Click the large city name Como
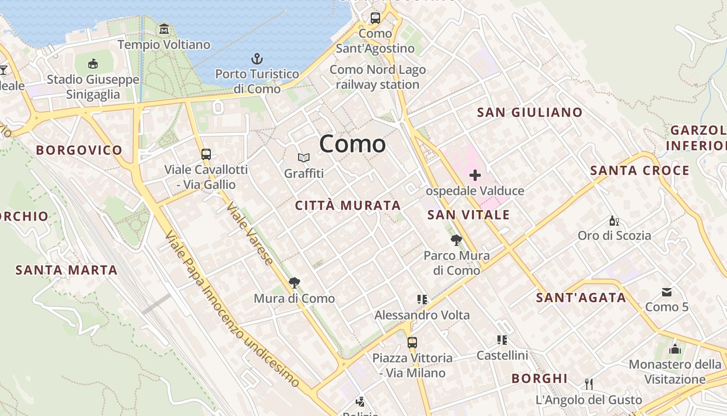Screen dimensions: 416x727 coord(353,144)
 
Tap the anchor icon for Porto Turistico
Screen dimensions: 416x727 coord(257,59)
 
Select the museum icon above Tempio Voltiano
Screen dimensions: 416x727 coord(164,29)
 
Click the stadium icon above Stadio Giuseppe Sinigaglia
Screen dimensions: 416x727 coord(93,64)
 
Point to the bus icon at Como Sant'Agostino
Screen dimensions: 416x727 coord(375,18)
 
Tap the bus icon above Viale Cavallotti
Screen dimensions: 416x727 coord(206,154)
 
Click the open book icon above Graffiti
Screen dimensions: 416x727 coord(304,158)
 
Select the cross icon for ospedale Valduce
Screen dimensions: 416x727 coord(475,175)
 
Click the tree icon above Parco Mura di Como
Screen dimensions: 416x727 coord(456,240)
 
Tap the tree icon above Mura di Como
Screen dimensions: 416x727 coord(294,283)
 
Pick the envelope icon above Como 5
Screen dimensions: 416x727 coord(667,292)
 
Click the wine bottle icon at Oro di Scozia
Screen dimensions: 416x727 coord(614,220)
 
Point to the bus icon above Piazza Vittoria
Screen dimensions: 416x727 coord(412,343)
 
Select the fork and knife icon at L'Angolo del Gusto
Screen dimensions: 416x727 coord(589,384)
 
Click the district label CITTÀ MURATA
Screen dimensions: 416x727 coord(348,205)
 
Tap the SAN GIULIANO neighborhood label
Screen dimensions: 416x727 coord(530,112)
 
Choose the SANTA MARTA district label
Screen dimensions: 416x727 coord(66,270)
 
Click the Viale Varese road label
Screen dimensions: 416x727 coord(250,233)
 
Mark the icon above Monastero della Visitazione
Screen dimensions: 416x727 coord(675,349)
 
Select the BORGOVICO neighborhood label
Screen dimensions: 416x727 coord(79,150)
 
